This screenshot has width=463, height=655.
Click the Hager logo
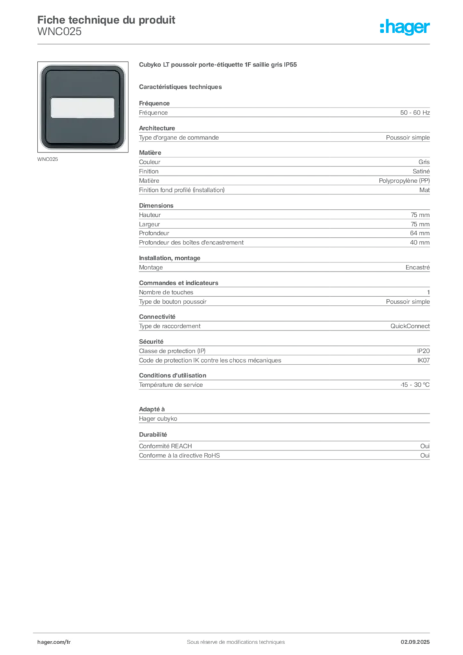[x=404, y=27]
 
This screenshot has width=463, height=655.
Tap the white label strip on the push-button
[x=82, y=107]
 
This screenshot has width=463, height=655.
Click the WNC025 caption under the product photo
[x=47, y=159]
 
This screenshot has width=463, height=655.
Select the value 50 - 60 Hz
[x=414, y=113]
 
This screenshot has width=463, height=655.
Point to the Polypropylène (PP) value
[x=404, y=181]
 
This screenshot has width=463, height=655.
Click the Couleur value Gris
[x=424, y=162]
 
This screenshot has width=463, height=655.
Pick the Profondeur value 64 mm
[x=420, y=233]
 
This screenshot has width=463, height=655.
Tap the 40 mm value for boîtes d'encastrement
[x=420, y=242]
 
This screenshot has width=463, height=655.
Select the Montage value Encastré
[x=418, y=267]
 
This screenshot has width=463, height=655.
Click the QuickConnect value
[x=410, y=326]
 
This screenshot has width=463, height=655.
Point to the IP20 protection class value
[x=423, y=351]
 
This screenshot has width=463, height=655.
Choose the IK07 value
[x=423, y=360]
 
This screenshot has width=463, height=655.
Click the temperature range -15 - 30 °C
[x=415, y=384]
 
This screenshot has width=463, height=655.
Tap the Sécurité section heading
[x=151, y=342]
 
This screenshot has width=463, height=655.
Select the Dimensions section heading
[x=156, y=205]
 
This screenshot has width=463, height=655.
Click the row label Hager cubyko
[x=158, y=418]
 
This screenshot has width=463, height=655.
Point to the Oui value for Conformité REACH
[x=425, y=446]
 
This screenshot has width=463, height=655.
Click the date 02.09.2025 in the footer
[x=415, y=642]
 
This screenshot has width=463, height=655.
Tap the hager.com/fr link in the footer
[x=54, y=642]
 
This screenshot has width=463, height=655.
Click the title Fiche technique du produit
[x=106, y=20]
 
